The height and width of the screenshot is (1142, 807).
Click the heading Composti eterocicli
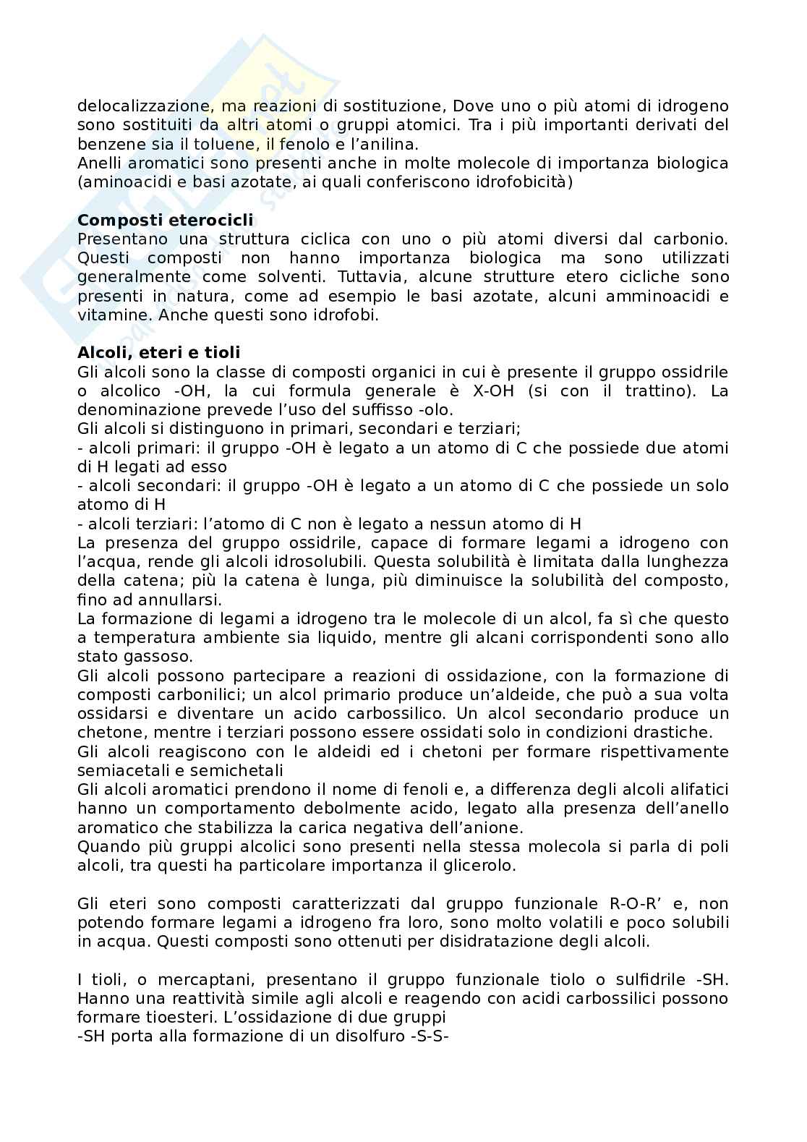166,220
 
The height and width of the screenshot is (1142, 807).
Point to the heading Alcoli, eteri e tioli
158,352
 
